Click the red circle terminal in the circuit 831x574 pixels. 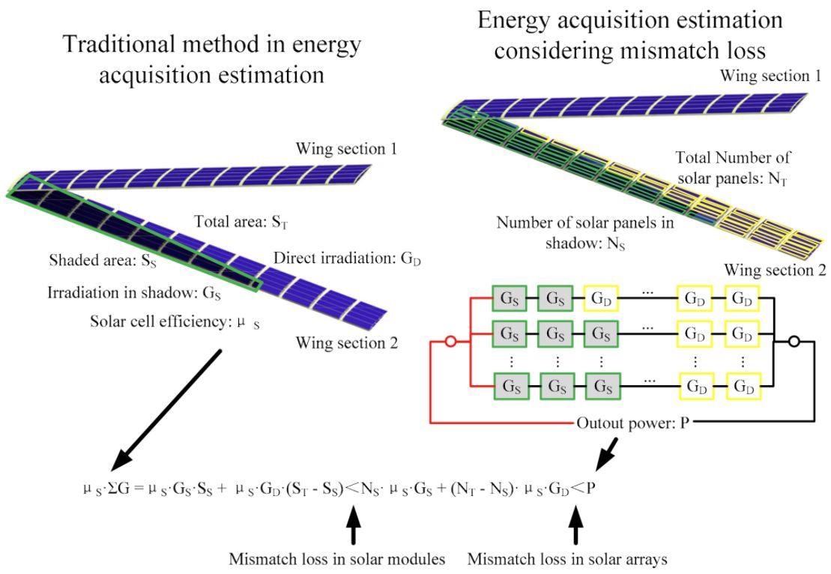pyautogui.click(x=450, y=342)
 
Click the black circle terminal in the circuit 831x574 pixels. pyautogui.click(x=794, y=342)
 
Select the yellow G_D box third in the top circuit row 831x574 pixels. pyautogui.click(x=601, y=298)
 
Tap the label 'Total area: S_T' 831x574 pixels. pyautogui.click(x=241, y=222)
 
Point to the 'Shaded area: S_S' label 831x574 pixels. pyautogui.click(x=103, y=260)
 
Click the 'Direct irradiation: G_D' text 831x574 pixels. pyautogui.click(x=347, y=259)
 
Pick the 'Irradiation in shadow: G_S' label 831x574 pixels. pyautogui.click(x=134, y=293)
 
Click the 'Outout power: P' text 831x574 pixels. pyautogui.click(x=632, y=423)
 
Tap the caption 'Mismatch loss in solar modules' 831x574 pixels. pyautogui.click(x=337, y=558)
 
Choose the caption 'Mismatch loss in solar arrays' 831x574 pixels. pyautogui.click(x=567, y=558)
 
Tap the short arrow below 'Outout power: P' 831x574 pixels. pyautogui.click(x=606, y=453)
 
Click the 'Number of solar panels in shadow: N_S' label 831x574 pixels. pyautogui.click(x=585, y=233)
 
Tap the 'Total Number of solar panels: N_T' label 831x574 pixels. pyautogui.click(x=732, y=168)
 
